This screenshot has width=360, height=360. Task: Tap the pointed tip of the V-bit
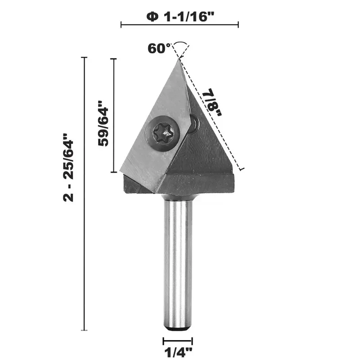179,58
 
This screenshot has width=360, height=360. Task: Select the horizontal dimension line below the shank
177,342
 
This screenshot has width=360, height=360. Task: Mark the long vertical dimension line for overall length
84,193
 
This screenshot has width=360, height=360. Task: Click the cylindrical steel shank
177,261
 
